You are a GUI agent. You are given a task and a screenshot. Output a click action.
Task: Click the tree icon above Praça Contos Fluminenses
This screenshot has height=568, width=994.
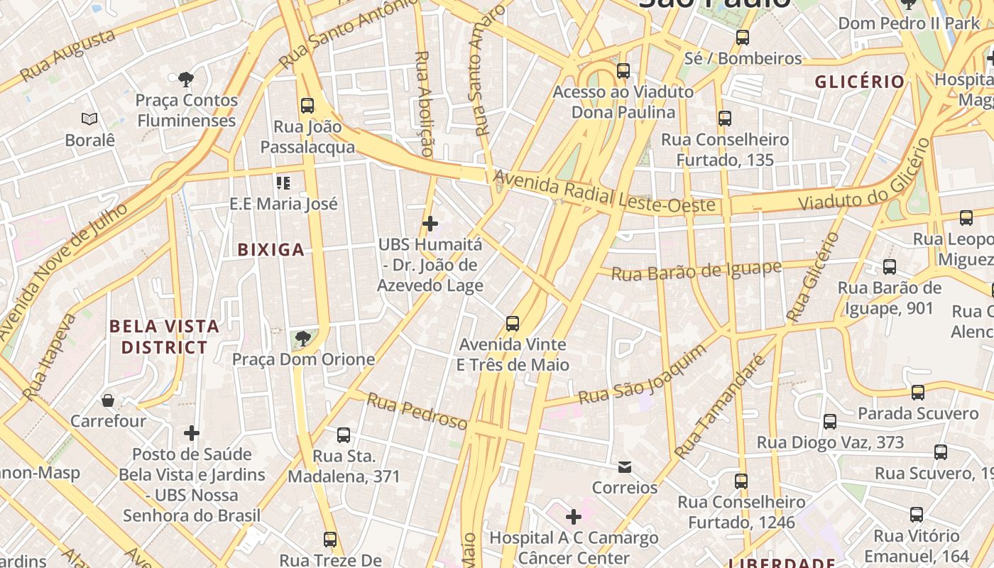186,78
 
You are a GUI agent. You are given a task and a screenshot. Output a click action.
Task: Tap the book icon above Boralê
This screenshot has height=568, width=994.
89,119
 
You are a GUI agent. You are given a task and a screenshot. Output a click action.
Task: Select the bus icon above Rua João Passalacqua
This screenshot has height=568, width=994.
307,106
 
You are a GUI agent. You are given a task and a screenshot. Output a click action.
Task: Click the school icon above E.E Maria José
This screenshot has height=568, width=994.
283,183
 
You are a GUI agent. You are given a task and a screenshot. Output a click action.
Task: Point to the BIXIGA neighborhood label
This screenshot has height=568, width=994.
271,249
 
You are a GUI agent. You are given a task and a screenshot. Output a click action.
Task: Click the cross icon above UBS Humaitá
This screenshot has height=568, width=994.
430,224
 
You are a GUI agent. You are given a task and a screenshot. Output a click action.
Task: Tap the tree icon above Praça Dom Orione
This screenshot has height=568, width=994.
303,338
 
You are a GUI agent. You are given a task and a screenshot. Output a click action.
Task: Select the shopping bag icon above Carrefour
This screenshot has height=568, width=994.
108,400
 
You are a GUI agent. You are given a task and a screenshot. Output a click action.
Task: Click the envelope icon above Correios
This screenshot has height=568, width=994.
625,466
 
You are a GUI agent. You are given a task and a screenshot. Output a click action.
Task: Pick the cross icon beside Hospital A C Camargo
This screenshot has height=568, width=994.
573,517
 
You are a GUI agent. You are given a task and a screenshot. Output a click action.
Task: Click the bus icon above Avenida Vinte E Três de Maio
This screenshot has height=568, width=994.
513,324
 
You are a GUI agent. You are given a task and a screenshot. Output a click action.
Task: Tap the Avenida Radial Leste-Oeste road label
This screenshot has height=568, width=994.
604,191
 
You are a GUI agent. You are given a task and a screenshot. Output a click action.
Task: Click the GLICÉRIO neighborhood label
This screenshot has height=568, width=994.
859,82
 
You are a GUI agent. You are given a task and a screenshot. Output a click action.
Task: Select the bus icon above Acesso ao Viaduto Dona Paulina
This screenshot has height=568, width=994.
623,71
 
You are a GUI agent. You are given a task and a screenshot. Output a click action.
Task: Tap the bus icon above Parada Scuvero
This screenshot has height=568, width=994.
918,393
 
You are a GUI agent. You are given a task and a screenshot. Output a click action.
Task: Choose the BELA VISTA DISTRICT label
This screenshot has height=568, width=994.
164,337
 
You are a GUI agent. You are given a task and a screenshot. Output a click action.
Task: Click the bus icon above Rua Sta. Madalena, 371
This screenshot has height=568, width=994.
344,435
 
